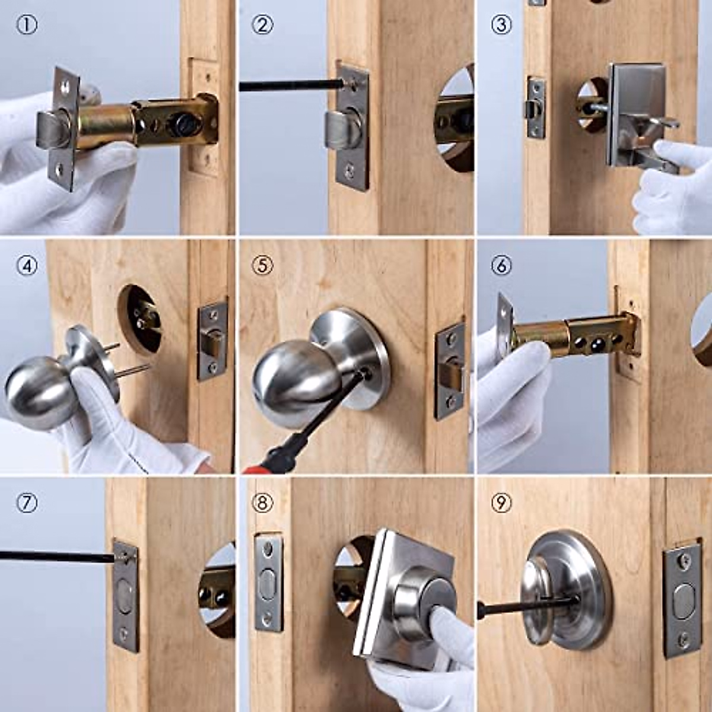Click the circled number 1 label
click(27, 26)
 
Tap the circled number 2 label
click(262, 26)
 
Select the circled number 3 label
click(501, 26)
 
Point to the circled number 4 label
click(27, 266)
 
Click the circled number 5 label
click(262, 266)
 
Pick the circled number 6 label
click(501, 266)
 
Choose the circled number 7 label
click(27, 503)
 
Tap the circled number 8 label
click(262, 503)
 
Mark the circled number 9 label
click(501, 503)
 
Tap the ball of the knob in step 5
click(295, 384)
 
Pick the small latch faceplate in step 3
click(536, 107)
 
